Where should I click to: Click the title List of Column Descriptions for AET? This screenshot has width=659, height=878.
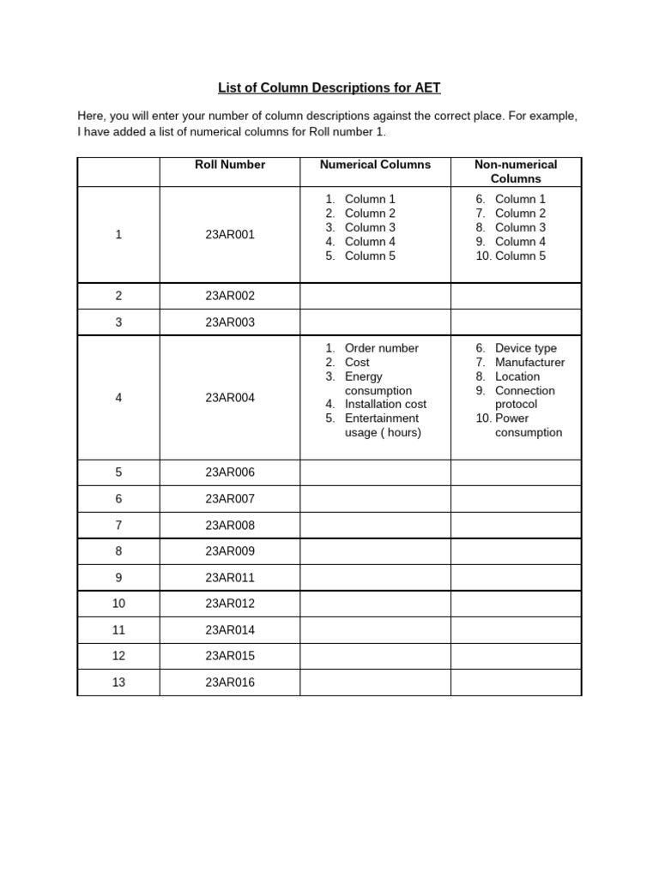329,87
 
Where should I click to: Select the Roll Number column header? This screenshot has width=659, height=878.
230,165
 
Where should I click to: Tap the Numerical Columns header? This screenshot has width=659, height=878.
375,165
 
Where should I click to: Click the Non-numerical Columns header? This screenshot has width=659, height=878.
516,171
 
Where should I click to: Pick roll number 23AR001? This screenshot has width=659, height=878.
230,234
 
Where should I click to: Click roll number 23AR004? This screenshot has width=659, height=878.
230,398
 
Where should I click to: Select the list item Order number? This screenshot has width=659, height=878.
381,348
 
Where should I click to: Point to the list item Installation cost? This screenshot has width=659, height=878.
385,404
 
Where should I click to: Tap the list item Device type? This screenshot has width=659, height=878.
525,348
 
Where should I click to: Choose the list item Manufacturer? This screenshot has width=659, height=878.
529,363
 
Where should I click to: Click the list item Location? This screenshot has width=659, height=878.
517,376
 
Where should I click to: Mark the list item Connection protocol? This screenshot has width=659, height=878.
524,397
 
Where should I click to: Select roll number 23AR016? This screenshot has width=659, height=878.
230,683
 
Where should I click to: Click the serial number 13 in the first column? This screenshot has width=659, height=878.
118,683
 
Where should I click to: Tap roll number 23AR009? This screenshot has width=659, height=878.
230,551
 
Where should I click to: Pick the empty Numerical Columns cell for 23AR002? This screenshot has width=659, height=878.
375,296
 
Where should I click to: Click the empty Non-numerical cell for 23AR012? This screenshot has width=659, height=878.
516,604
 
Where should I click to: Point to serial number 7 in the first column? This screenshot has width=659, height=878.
118,525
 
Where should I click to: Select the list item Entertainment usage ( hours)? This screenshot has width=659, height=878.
381,425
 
